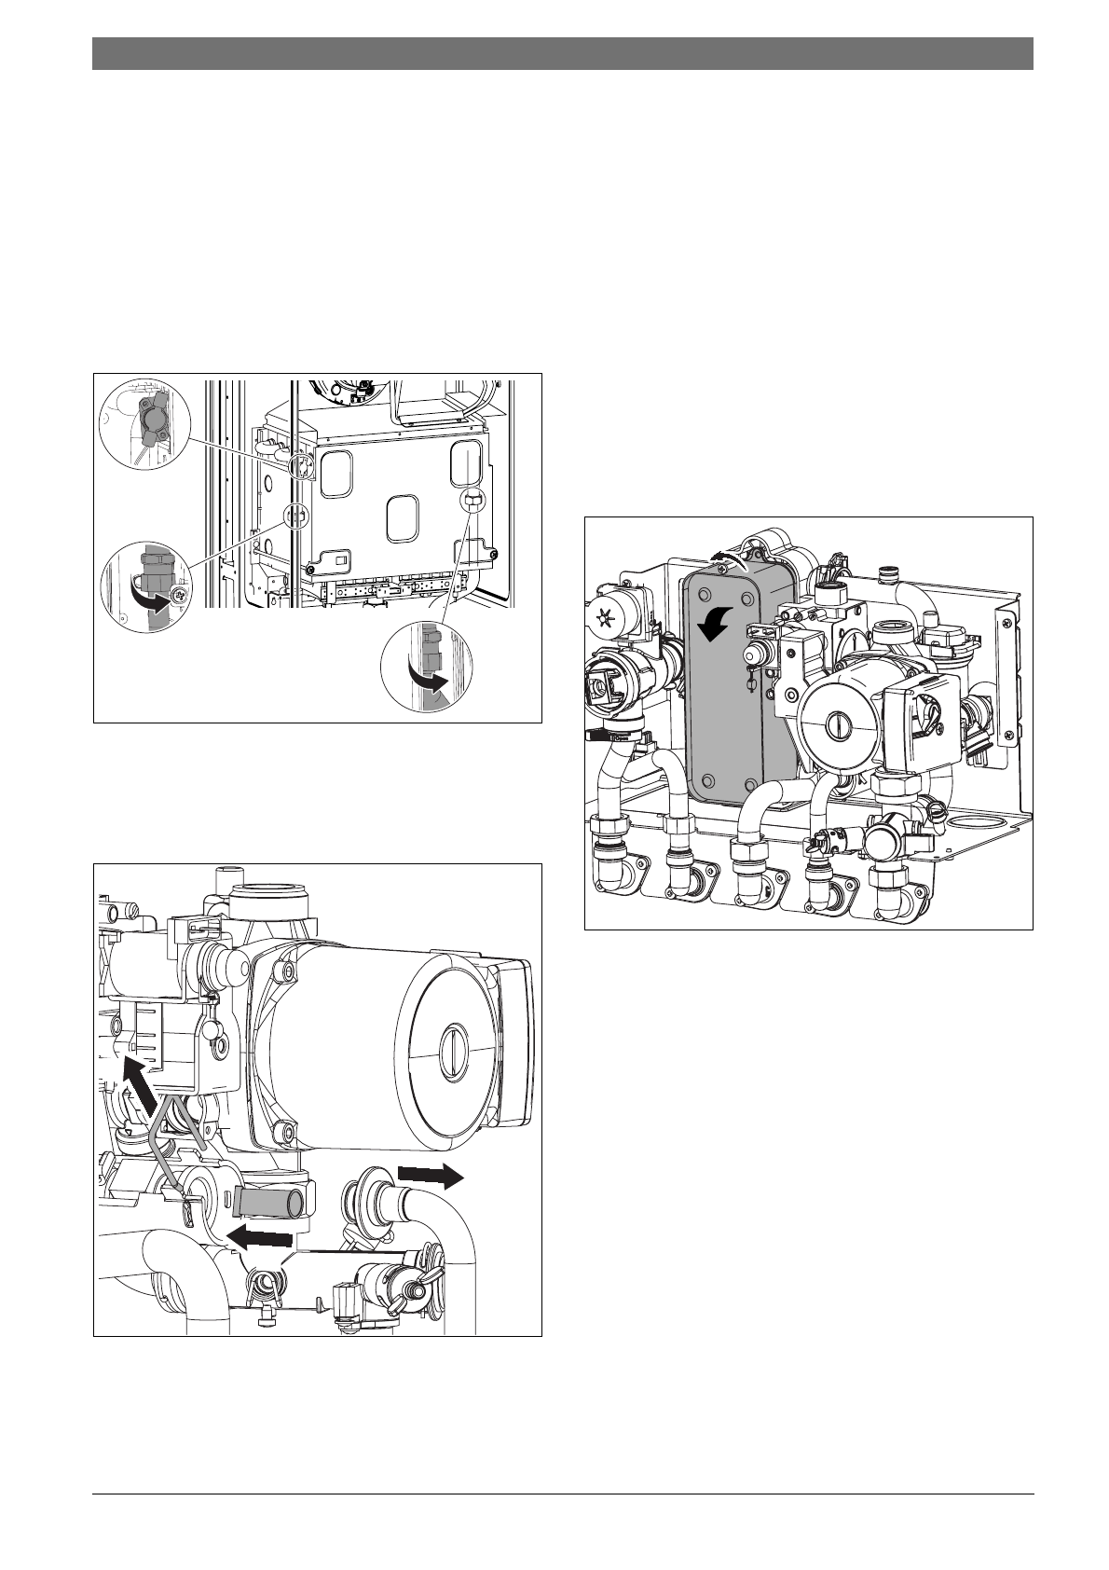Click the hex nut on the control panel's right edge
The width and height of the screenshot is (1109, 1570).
pyautogui.click(x=472, y=501)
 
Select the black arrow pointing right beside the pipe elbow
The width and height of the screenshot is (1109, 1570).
pyautogui.click(x=429, y=1177)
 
